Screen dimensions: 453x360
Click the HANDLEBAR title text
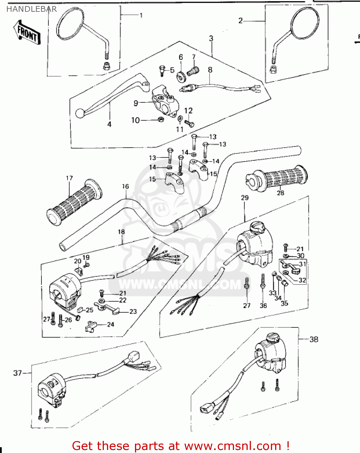31,9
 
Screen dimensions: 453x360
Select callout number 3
211,39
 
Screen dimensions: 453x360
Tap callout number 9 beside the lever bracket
136,103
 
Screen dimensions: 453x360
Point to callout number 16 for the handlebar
125,187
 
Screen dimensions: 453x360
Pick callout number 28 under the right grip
280,193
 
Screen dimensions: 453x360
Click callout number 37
17,373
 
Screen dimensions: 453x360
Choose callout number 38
314,339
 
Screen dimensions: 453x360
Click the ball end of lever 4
80,113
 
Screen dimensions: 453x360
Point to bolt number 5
162,71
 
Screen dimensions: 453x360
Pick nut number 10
161,119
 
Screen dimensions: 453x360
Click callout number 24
111,324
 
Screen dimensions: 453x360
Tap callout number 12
188,111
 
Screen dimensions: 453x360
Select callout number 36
263,306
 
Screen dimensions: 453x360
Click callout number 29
245,198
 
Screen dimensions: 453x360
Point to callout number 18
121,232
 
